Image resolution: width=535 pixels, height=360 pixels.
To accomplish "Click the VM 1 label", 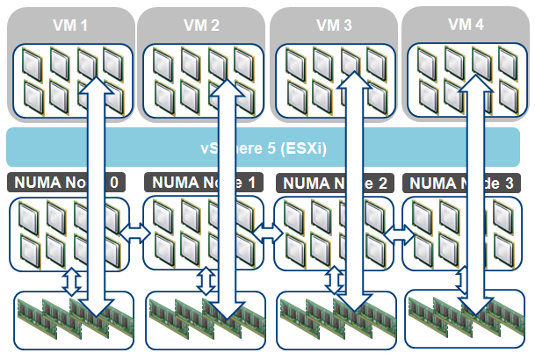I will pyautogui.click(x=71, y=25).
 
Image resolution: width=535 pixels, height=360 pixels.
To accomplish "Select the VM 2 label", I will pyautogui.click(x=202, y=25).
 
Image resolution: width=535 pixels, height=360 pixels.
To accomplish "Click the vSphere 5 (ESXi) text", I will pyautogui.click(x=263, y=148).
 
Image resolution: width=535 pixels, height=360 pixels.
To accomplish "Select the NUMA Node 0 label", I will pyautogui.click(x=66, y=184).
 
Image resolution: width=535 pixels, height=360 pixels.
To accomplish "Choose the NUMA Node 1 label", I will pyautogui.click(x=201, y=184).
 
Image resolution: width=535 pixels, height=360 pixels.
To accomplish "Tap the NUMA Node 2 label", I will pyautogui.click(x=333, y=184).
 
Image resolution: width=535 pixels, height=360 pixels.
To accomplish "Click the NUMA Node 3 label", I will pyautogui.click(x=464, y=184).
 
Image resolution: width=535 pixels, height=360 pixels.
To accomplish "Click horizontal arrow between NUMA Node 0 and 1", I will pyautogui.click(x=136, y=232).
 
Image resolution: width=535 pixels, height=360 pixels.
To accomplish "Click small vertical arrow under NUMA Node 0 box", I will pyautogui.click(x=73, y=282).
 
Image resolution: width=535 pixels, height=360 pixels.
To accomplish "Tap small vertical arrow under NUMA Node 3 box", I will pyautogui.click(x=462, y=282).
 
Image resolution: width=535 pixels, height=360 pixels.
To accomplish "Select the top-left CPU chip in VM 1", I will pyautogui.click(x=32, y=62).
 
